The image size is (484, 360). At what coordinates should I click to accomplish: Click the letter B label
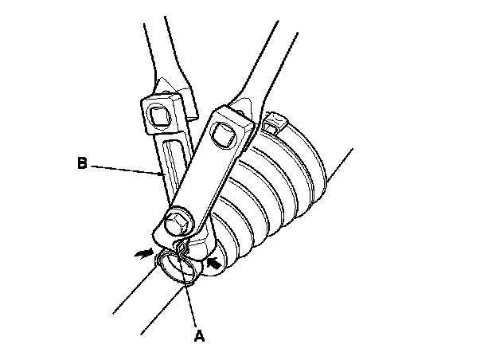point(82,164)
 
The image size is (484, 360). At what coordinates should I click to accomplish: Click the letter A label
point(200,335)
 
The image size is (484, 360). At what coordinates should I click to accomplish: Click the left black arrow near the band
point(144,252)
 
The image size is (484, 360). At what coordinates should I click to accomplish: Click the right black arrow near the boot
point(213,260)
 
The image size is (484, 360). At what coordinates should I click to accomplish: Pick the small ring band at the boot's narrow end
point(178,268)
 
